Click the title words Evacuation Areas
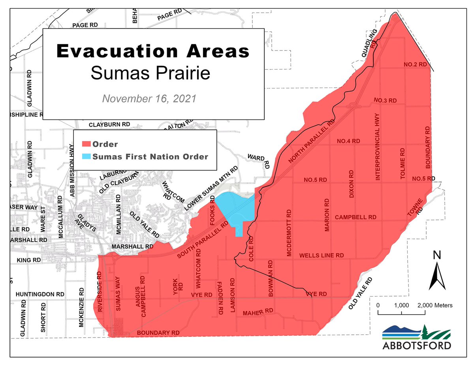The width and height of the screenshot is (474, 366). click(153, 51)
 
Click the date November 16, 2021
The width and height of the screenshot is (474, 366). click(149, 98)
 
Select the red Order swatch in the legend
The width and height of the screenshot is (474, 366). click(86, 145)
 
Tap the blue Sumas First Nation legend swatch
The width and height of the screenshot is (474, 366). click(86, 156)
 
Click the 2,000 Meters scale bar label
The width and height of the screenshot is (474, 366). click(434, 305)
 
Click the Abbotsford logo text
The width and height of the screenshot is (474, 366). click(417, 345)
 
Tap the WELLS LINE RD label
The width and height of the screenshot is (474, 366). click(322, 256)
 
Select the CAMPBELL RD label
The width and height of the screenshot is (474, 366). click(355, 218)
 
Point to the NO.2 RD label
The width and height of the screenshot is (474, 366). click(415, 64)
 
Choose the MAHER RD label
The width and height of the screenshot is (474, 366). click(258, 312)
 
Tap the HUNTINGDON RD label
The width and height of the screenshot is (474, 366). click(40, 295)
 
